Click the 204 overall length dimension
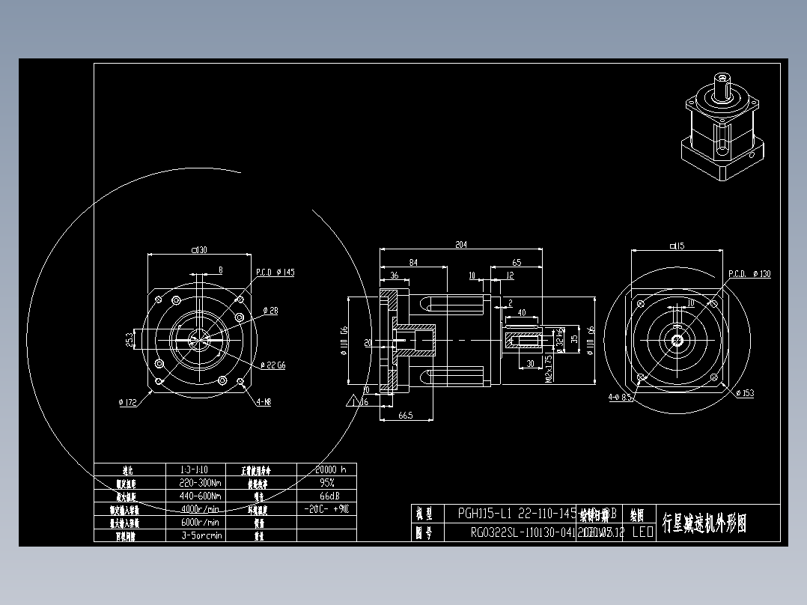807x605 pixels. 461,244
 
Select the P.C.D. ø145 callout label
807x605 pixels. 275,273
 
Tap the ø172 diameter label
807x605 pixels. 127,402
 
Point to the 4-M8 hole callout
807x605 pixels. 264,402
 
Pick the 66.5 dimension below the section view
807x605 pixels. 405,415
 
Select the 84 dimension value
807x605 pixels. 413,262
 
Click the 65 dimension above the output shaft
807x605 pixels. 517,262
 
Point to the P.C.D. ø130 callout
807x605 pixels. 749,274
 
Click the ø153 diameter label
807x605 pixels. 745,394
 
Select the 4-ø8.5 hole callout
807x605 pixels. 620,398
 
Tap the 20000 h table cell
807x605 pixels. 326,470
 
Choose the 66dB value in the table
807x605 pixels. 326,496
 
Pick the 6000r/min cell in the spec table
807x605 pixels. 200,522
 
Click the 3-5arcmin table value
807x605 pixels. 200,535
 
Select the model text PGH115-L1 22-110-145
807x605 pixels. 517,514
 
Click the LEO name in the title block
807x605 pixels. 642,532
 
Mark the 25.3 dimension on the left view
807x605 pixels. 129,339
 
